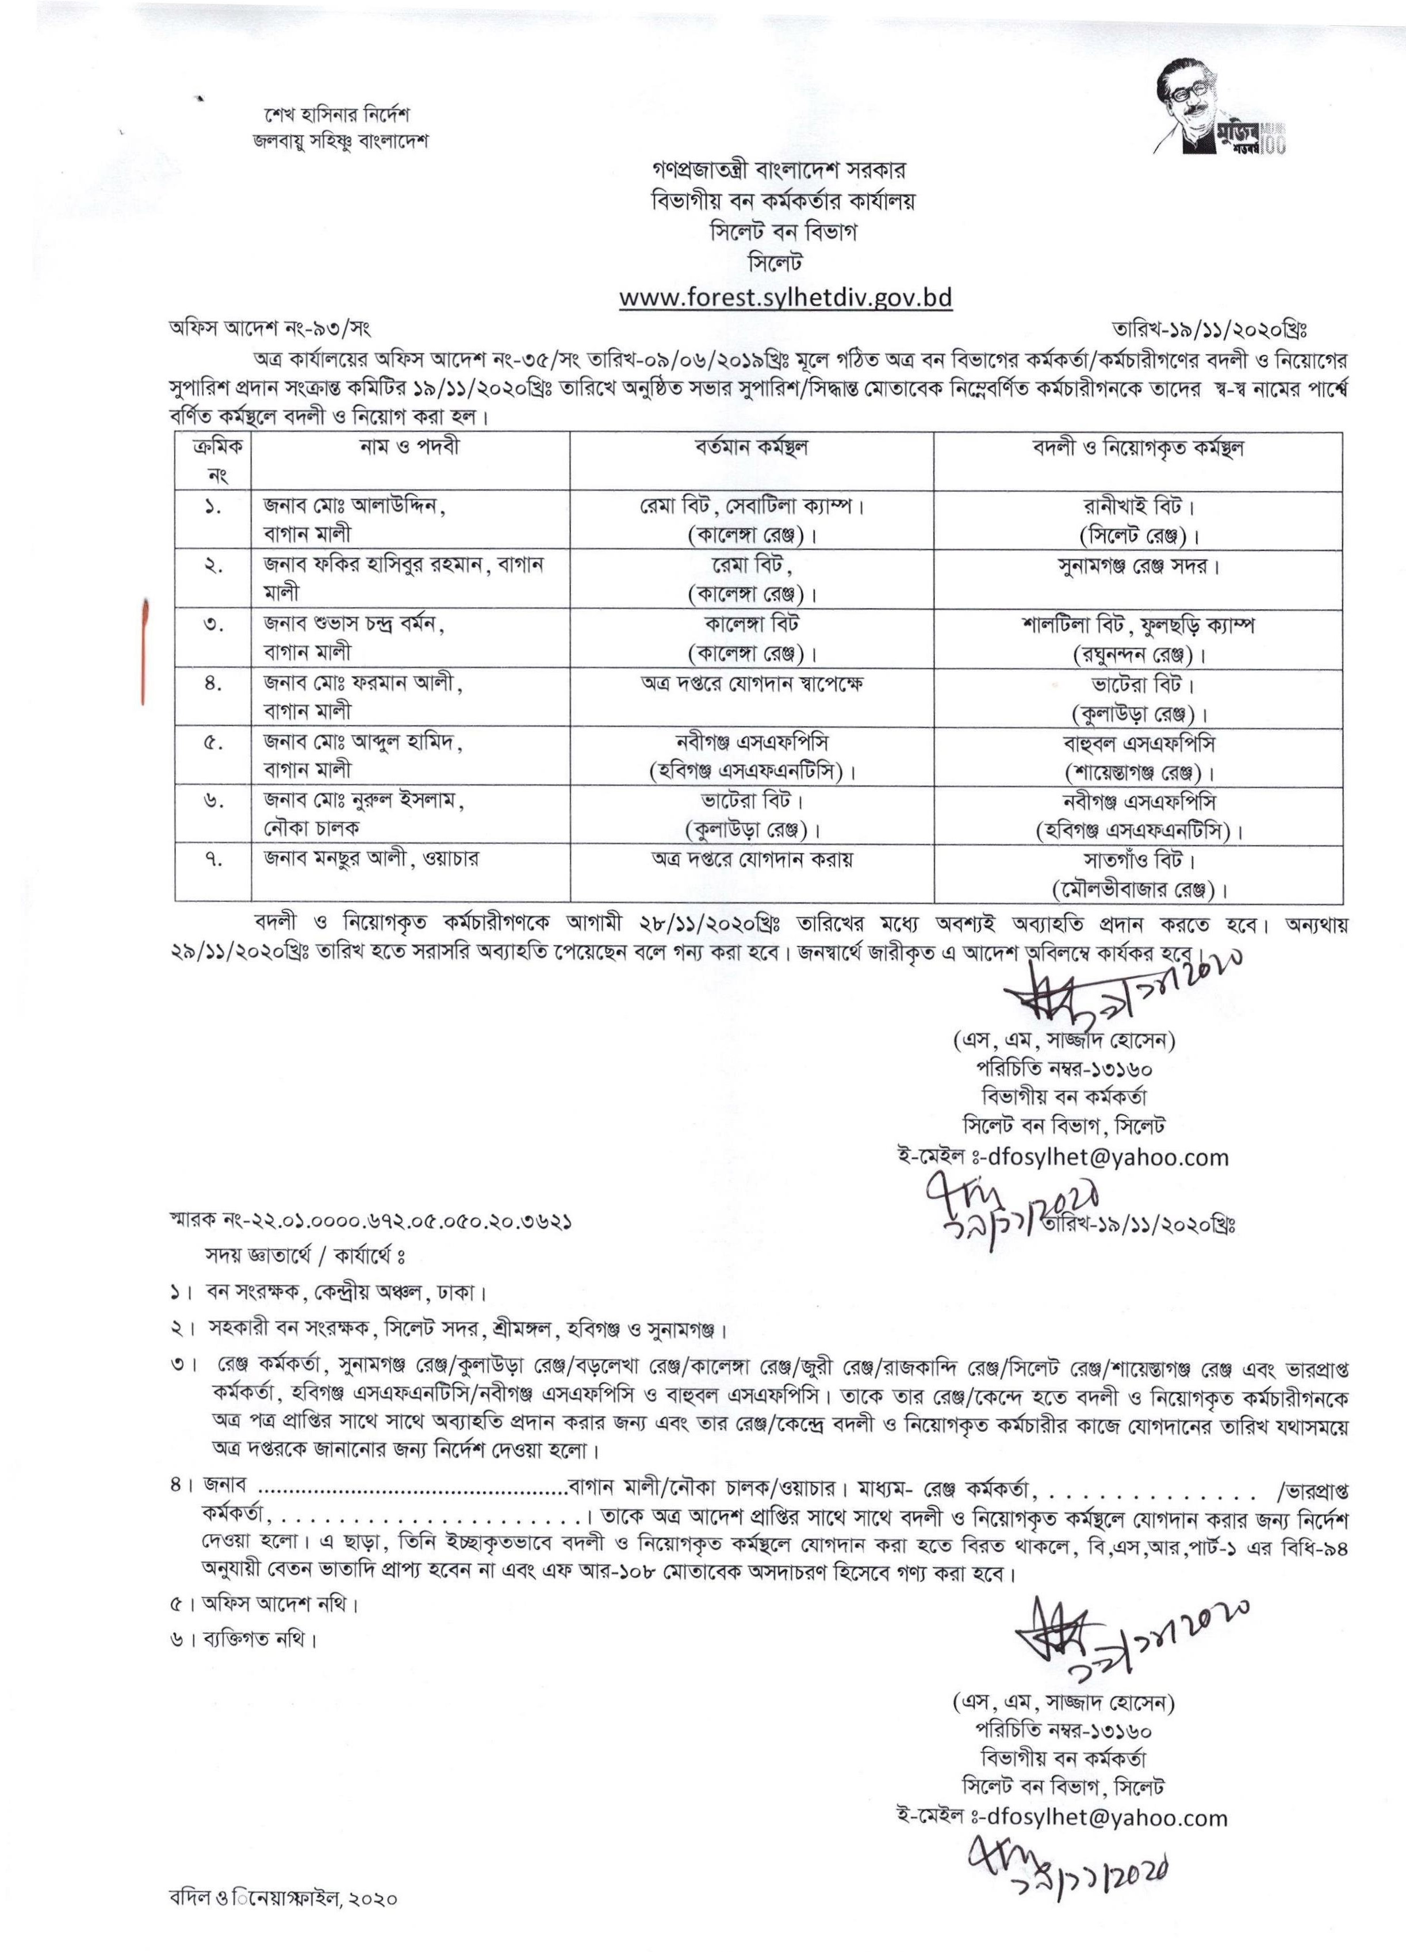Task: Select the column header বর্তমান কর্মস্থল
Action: click(751, 448)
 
